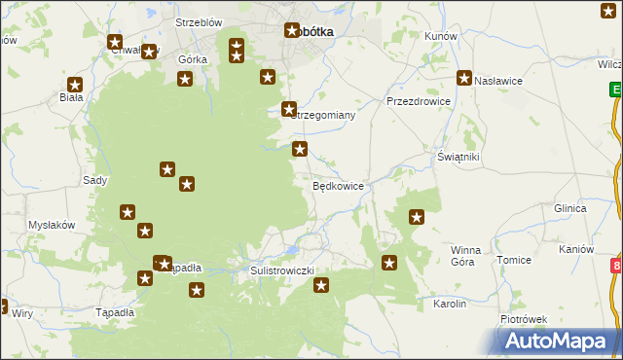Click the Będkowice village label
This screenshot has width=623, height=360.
click(338, 185)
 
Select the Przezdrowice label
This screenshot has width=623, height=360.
click(418, 100)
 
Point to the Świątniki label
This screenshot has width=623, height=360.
click(458, 156)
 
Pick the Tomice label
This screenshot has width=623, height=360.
click(513, 260)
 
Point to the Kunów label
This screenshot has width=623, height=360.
click(441, 35)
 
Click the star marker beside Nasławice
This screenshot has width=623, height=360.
click(464, 79)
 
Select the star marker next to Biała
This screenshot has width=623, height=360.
click(75, 85)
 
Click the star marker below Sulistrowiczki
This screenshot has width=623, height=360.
click(321, 285)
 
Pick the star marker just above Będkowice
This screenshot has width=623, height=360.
click(301, 149)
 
